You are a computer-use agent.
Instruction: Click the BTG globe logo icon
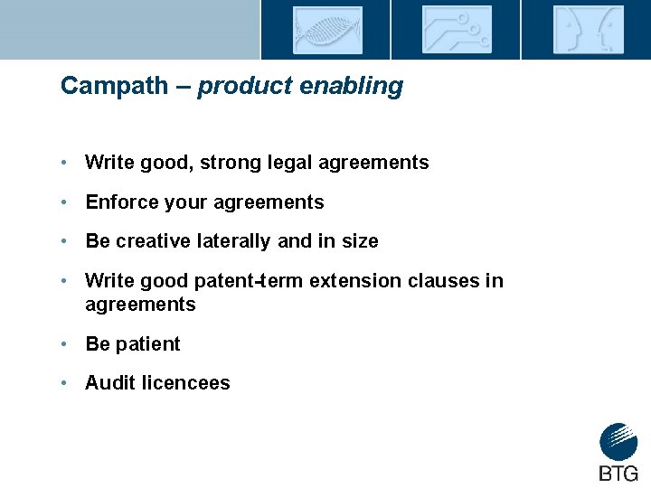pos(618,443)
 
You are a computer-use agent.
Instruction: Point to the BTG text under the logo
pos(618,474)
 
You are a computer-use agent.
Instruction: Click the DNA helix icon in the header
pos(326,30)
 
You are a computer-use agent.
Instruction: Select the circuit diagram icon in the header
pos(457,30)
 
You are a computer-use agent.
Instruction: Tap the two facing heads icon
pos(587,30)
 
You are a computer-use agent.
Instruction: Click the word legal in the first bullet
pos(304,163)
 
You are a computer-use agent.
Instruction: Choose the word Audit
pos(108,383)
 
